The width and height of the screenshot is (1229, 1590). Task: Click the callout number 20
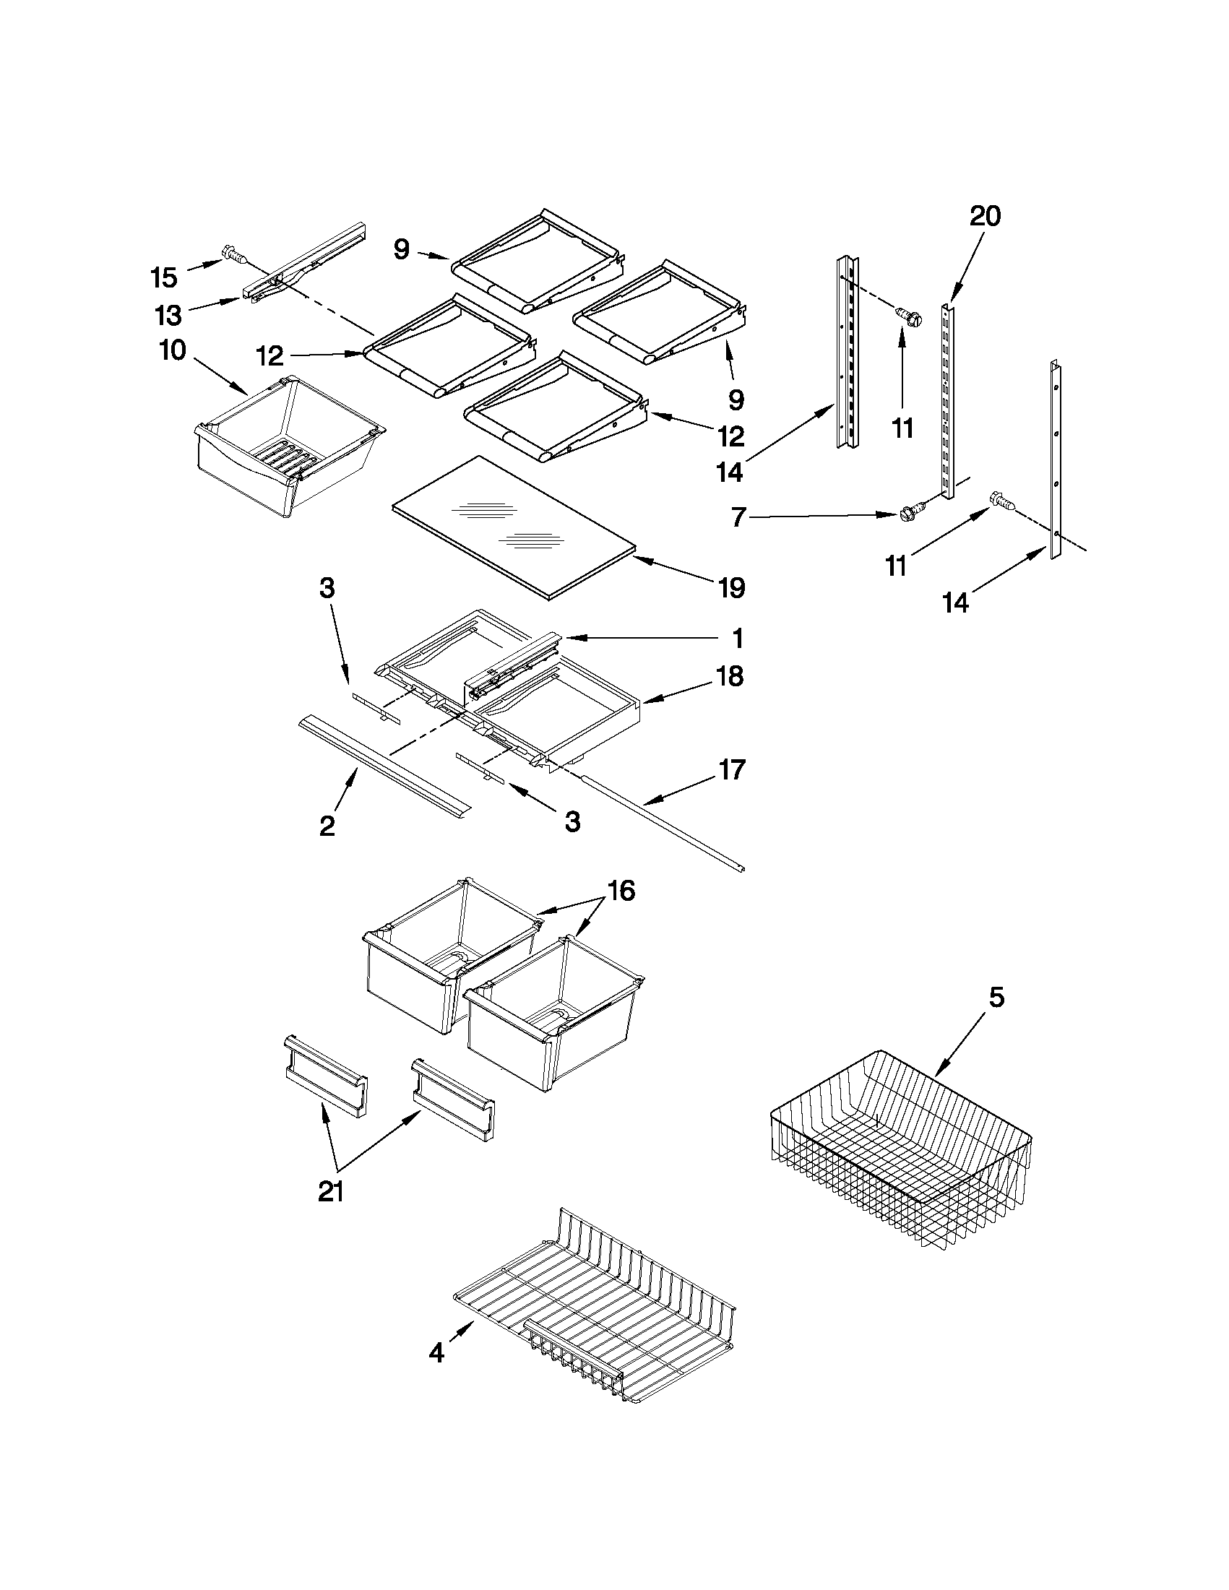985,216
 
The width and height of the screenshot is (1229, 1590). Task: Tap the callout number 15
164,277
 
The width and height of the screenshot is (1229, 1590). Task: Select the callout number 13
168,315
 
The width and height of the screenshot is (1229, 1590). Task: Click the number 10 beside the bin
173,350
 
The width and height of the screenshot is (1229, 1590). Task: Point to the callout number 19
732,587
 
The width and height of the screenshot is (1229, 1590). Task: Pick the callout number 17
732,769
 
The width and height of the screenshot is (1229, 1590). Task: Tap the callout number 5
996,998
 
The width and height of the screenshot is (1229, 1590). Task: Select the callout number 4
436,1352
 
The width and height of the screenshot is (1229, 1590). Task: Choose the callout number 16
621,891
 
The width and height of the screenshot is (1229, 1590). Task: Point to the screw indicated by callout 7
910,511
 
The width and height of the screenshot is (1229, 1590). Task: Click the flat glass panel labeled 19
509,528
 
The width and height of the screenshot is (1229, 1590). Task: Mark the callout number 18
730,676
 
